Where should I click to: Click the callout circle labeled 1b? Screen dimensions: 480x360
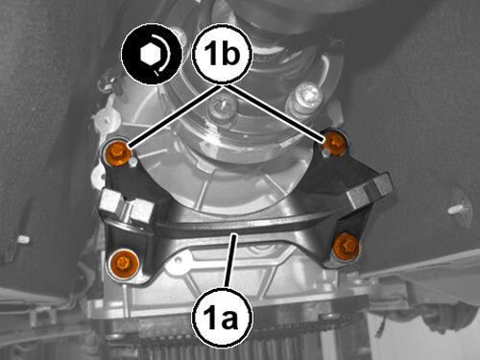click(x=222, y=55)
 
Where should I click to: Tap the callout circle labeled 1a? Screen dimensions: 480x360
click(x=222, y=317)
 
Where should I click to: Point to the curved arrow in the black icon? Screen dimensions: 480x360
click(x=162, y=55)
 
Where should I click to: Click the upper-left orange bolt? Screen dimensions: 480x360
click(x=118, y=153)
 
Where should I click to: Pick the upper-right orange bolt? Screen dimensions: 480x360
click(x=335, y=142)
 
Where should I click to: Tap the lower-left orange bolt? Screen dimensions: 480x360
click(x=124, y=264)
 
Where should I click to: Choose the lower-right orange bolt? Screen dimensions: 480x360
click(x=346, y=246)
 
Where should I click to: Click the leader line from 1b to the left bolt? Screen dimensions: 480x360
click(x=175, y=116)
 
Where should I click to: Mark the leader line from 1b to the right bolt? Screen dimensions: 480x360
click(x=276, y=112)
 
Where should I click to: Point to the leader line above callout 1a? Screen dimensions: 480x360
click(x=231, y=260)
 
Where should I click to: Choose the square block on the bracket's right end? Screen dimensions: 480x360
click(x=372, y=189)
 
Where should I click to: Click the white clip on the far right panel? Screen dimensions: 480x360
click(x=458, y=209)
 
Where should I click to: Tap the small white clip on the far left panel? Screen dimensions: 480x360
click(x=22, y=239)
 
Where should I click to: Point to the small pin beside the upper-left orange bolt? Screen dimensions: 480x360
click(x=133, y=162)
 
